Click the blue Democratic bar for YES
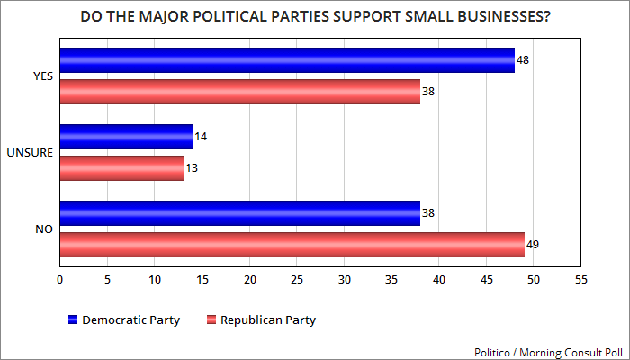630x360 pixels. point(286,61)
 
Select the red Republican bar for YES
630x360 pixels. point(239,92)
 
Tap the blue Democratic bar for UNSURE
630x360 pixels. point(126,137)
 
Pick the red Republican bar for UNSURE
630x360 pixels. point(121,167)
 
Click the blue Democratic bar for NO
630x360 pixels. point(239,213)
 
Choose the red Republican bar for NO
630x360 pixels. point(292,244)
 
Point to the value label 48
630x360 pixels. point(522,61)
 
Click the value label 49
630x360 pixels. point(532,244)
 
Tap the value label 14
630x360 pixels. point(200,137)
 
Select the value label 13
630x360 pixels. point(191,167)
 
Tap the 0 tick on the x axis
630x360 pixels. point(59,280)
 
